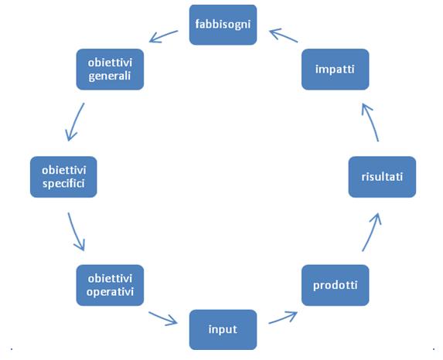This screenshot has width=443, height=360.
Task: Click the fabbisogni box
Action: point(223,25)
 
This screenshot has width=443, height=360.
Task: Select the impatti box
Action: point(335,70)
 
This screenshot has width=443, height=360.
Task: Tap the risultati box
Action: point(382,177)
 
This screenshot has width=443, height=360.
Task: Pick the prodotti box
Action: point(335,285)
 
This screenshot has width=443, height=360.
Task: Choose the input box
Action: point(223,330)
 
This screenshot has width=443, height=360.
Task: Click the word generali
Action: point(110,76)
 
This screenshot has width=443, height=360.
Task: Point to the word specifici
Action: point(63,184)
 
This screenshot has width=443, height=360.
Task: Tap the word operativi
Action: point(110,292)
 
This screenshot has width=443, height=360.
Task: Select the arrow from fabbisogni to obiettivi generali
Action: point(163,37)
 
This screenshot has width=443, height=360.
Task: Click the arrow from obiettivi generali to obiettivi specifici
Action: point(74,122)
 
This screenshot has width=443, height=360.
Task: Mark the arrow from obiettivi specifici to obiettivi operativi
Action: point(75,232)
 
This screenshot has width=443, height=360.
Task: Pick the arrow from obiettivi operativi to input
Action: point(163,318)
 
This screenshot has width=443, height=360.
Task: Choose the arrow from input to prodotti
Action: point(282,318)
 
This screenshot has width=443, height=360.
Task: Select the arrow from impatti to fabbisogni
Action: point(284,36)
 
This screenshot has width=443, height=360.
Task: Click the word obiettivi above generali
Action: point(110,63)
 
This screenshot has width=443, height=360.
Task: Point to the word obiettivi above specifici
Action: point(64,170)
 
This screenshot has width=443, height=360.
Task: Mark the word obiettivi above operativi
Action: point(110,278)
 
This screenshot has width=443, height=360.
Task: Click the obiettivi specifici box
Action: point(63,177)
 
